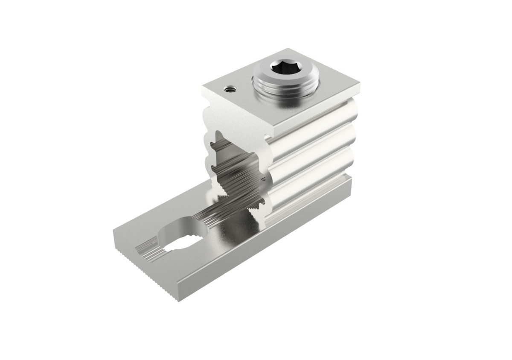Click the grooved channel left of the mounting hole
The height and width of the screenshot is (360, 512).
[147, 250]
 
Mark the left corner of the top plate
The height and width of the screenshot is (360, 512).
[204, 88]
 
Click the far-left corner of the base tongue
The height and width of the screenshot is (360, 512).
[113, 233]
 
